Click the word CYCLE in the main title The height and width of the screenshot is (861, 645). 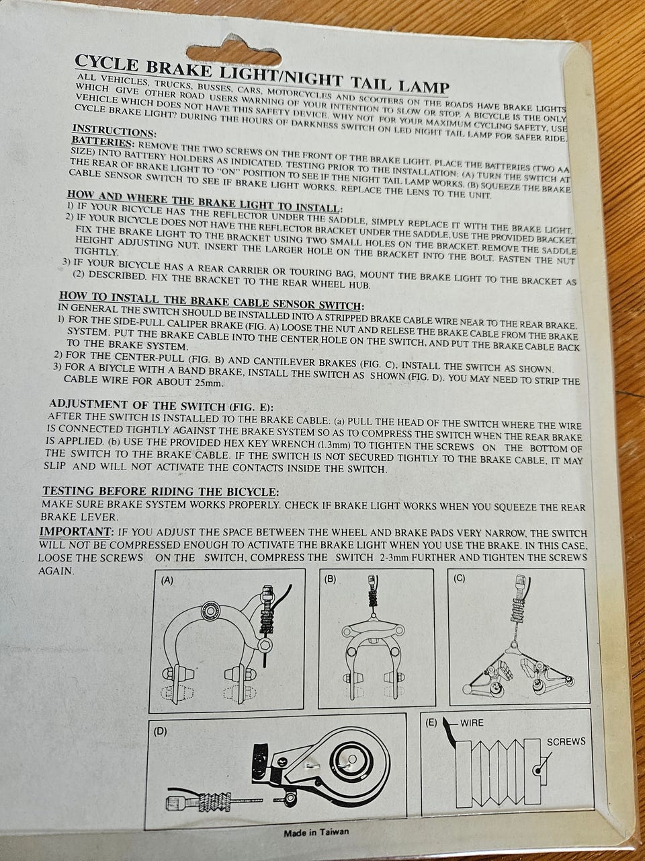point(105,64)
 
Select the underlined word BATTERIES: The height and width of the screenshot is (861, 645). point(101,142)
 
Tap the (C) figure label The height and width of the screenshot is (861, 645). point(459,578)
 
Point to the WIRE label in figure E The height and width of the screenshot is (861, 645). point(472,723)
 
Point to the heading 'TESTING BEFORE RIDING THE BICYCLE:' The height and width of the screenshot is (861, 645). point(161,491)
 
